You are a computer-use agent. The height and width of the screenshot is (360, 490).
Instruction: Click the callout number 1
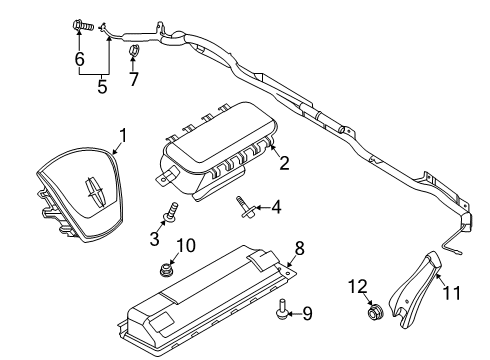coord(124,134)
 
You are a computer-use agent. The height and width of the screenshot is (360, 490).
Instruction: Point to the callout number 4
coord(276,207)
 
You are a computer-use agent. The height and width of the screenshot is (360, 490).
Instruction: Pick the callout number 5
coord(102,87)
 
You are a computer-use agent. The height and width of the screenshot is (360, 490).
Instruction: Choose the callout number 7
coord(135,78)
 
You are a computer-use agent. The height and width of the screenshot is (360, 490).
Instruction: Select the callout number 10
coord(186,245)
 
